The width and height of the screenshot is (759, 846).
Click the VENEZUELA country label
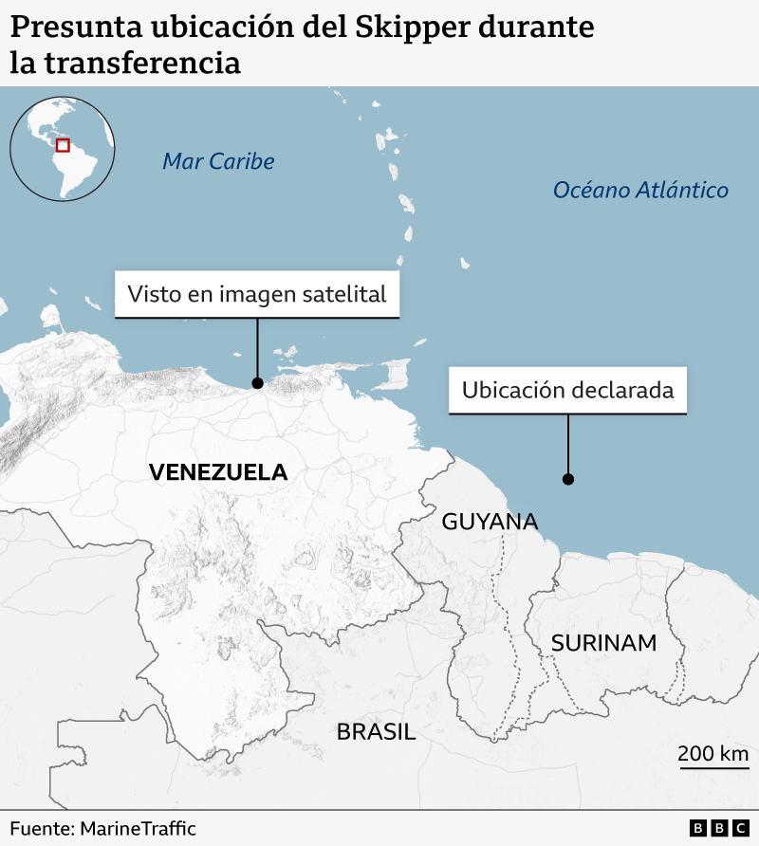[x=218, y=472]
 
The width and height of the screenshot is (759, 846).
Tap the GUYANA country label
[x=490, y=522]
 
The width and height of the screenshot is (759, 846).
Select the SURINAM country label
[x=603, y=643]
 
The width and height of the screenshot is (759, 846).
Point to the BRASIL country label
[x=376, y=731]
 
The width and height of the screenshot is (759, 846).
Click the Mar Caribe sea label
[x=218, y=161]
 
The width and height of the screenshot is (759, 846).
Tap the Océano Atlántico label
[x=640, y=191]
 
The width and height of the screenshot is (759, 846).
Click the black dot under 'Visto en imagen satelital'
[x=257, y=383]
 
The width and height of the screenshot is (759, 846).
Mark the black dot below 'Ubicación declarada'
[x=567, y=479]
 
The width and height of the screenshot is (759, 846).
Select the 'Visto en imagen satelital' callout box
[x=257, y=294]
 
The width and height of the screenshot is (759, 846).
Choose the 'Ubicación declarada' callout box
[x=567, y=390]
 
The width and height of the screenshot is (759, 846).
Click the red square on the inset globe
[x=63, y=145]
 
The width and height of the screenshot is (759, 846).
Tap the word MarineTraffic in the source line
[x=138, y=828]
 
